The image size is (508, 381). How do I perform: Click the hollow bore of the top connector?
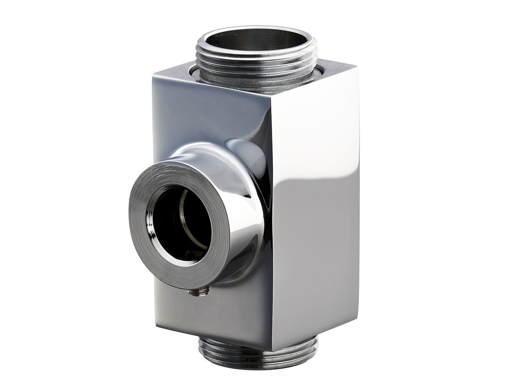tap(256, 40)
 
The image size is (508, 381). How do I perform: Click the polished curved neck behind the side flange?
tap(246, 169)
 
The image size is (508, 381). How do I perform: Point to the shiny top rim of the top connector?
tap(256, 29)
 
